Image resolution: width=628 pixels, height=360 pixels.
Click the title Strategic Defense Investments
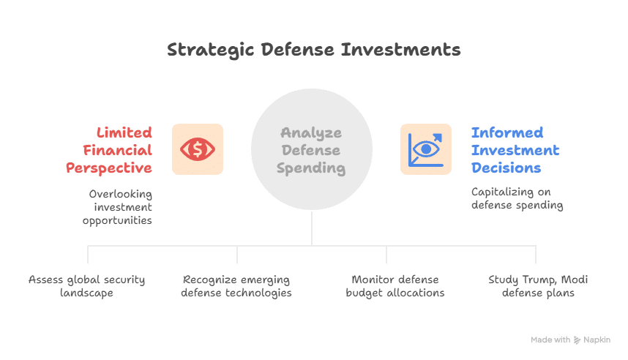pyautogui.click(x=313, y=50)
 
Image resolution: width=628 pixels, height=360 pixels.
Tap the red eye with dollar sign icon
pyautogui.click(x=198, y=149)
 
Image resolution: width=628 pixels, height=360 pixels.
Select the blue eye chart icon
pyautogui.click(x=425, y=149)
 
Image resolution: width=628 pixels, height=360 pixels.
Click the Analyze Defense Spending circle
pyautogui.click(x=312, y=150)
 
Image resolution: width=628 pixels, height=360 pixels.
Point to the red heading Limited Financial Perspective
pyautogui.click(x=110, y=150)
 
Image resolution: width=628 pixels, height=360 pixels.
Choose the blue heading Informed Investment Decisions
pyautogui.click(x=515, y=150)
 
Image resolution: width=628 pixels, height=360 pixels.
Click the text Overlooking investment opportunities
pyautogui.click(x=121, y=207)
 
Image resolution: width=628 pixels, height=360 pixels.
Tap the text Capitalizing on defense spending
pyautogui.click(x=517, y=198)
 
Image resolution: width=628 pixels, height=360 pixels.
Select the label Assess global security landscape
pyautogui.click(x=87, y=286)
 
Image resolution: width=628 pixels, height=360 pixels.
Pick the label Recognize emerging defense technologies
pyautogui.click(x=236, y=286)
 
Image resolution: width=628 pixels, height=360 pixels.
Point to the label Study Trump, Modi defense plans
pyautogui.click(x=538, y=286)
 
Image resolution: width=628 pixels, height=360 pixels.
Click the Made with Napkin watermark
pyautogui.click(x=570, y=340)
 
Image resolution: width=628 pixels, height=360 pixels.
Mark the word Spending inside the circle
pyautogui.click(x=312, y=168)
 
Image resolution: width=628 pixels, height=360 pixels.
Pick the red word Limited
pyautogui.click(x=124, y=132)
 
